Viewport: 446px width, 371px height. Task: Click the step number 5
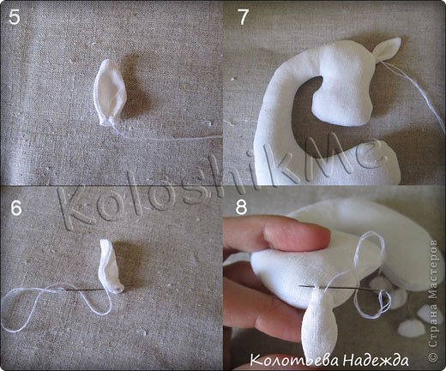tap(15, 17)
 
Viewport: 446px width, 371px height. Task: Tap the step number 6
tap(16, 208)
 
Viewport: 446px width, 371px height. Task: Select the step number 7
tap(244, 17)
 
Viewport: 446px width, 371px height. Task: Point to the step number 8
tap(241, 206)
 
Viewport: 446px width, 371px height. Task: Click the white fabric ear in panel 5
tap(111, 92)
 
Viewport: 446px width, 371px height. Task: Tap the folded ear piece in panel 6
tap(111, 266)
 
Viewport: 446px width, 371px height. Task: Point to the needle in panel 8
tap(343, 288)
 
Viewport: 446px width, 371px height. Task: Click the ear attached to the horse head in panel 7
tap(387, 49)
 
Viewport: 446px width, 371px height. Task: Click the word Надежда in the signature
tap(376, 360)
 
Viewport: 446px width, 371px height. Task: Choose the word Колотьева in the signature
tap(295, 360)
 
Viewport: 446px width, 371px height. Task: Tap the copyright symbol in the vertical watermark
tap(434, 356)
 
